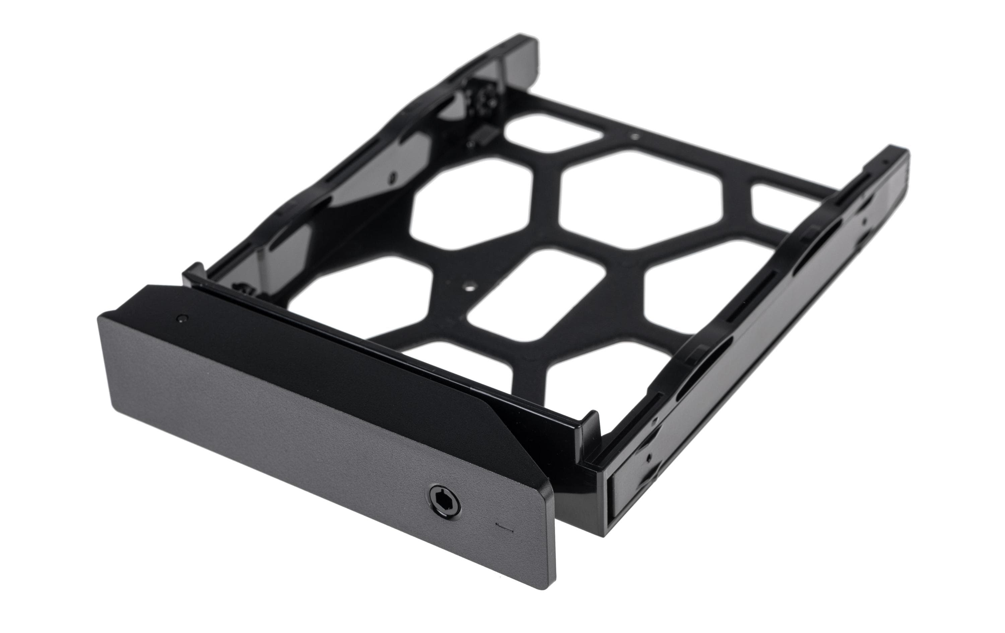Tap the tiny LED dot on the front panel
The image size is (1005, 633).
(x=181, y=319)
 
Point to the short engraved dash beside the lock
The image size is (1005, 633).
(x=504, y=526)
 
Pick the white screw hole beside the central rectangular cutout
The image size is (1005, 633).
(x=471, y=287)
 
